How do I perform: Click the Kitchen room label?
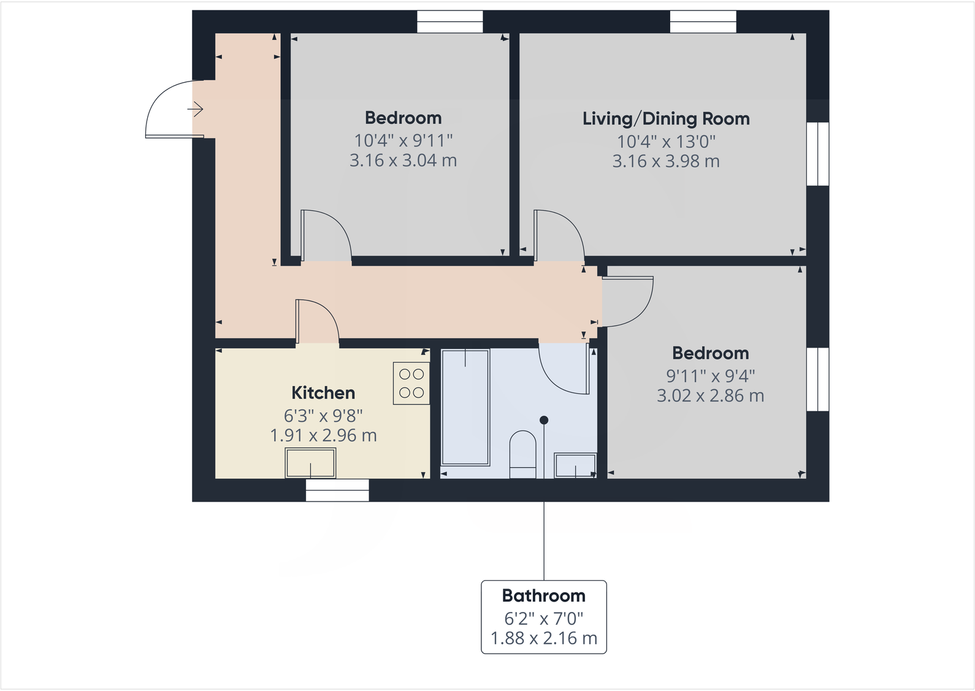tap(323, 393)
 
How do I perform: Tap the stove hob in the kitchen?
tap(411, 383)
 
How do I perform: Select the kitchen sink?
tap(310, 463)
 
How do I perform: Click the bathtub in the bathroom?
tap(465, 407)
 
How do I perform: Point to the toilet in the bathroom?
tap(523, 454)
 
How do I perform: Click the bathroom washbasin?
tap(575, 465)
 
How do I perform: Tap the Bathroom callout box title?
tap(543, 596)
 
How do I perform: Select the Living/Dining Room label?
tap(666, 119)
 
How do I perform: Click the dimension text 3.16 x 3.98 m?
tap(666, 161)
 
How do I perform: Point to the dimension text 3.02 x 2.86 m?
tap(710, 396)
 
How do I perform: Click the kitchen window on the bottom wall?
tap(337, 491)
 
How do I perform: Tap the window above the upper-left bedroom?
tap(449, 22)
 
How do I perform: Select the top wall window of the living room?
tap(703, 22)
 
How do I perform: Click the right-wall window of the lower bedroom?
tap(817, 379)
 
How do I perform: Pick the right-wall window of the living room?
tap(817, 154)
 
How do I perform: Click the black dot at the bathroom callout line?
tap(544, 420)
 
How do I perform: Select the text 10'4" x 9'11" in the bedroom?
tap(403, 140)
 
